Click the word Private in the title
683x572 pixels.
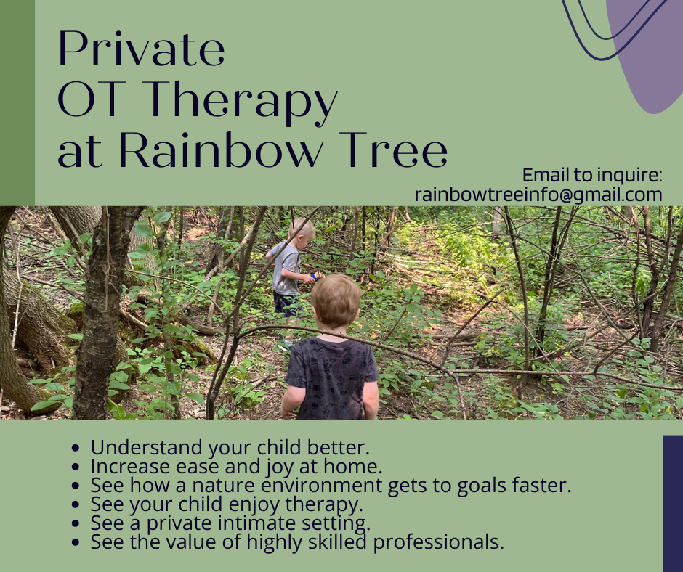point(142,49)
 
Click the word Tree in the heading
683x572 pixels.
point(393,150)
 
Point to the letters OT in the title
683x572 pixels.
point(89,99)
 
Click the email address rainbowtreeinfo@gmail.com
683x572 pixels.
point(538,194)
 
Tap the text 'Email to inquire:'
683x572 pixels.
point(592,175)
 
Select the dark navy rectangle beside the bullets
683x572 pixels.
point(673,503)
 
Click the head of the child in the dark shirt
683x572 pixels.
point(336,301)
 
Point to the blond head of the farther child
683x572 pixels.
point(302,229)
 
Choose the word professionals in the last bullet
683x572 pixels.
point(438,542)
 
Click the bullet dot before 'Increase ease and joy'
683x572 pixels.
point(76,467)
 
